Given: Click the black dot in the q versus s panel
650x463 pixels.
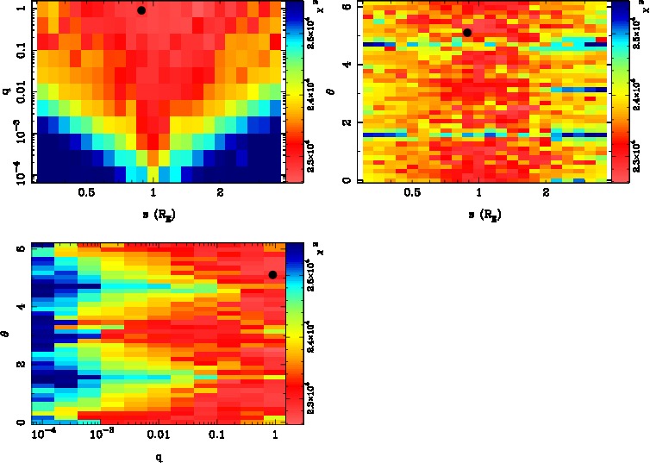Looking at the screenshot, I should [x=141, y=10].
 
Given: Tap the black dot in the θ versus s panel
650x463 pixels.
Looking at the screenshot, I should [x=467, y=33].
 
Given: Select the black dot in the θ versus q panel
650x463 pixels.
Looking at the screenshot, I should [x=272, y=275].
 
